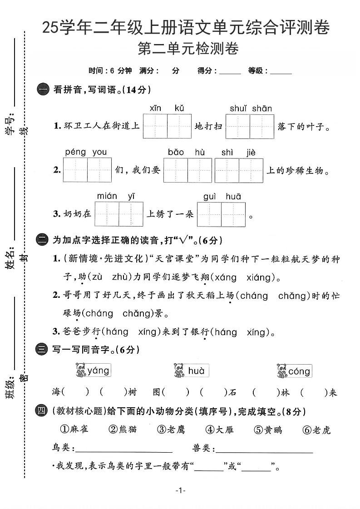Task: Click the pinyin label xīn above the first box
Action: (155, 108)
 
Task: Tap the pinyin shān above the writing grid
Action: (262, 108)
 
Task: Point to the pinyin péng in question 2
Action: (75, 152)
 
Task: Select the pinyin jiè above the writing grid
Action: (251, 153)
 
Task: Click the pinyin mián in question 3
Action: (107, 196)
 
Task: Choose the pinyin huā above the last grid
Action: (233, 196)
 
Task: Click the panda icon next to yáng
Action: (80, 370)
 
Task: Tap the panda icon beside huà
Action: (178, 371)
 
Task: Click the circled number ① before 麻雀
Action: (64, 429)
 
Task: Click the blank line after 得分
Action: (230, 72)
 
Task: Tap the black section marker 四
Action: (41, 412)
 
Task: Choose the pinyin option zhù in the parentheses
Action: (118, 277)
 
